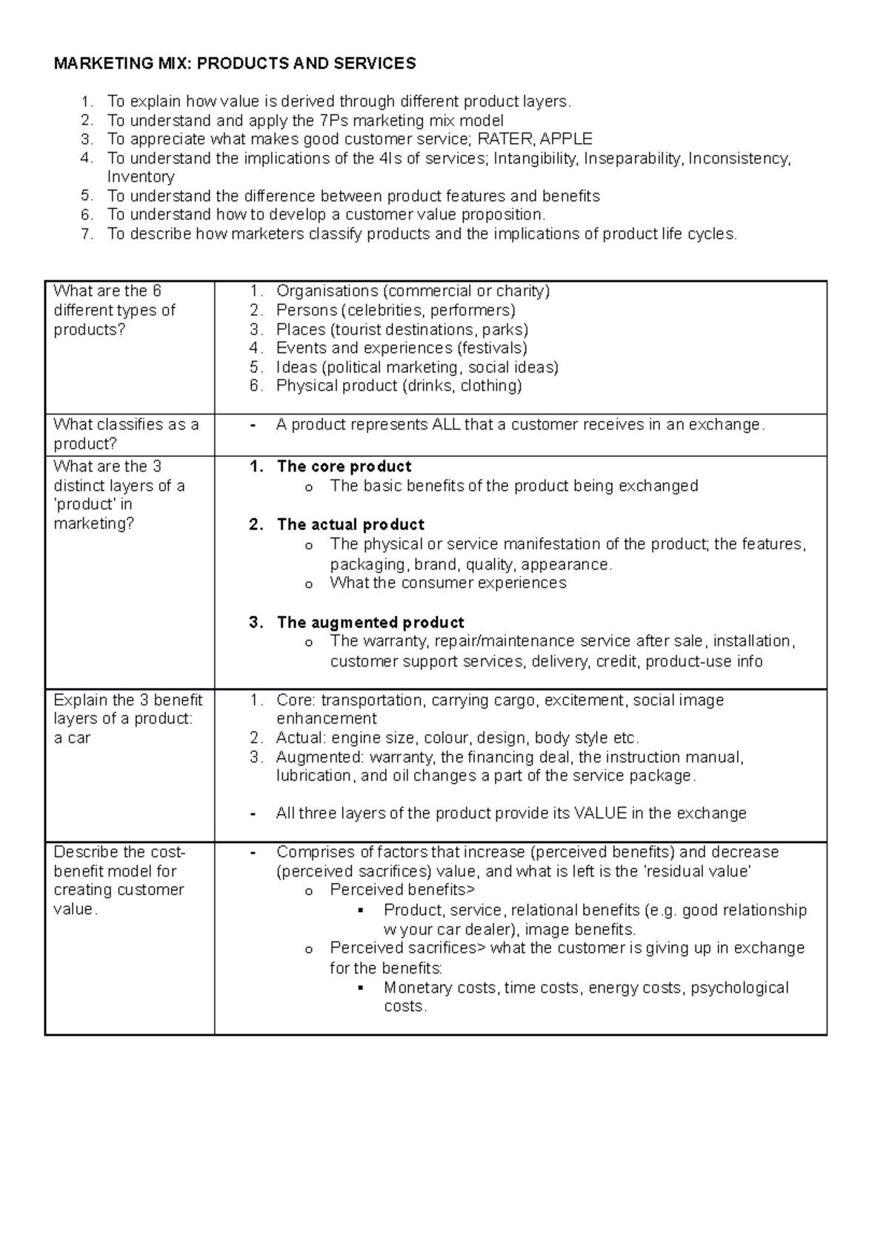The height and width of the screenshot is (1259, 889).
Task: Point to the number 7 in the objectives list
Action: coord(87,234)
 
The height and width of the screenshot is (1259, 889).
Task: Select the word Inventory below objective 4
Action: coord(141,177)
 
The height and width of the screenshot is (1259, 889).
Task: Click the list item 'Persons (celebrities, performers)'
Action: coord(395,310)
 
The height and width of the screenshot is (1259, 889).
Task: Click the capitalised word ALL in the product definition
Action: coord(445,425)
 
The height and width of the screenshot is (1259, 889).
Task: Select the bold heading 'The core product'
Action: coord(344,466)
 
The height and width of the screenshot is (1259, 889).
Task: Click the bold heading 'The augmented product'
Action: coord(370,622)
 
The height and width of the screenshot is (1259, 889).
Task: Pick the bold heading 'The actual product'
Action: coord(350,524)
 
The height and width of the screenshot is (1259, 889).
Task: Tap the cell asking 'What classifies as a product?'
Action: coord(126,434)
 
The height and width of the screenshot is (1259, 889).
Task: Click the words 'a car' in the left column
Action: coord(72,738)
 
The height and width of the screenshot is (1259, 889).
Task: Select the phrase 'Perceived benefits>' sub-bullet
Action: coord(402,890)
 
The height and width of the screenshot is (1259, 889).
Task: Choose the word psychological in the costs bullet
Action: coord(739,988)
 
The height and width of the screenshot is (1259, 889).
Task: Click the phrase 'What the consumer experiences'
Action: coord(447,583)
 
